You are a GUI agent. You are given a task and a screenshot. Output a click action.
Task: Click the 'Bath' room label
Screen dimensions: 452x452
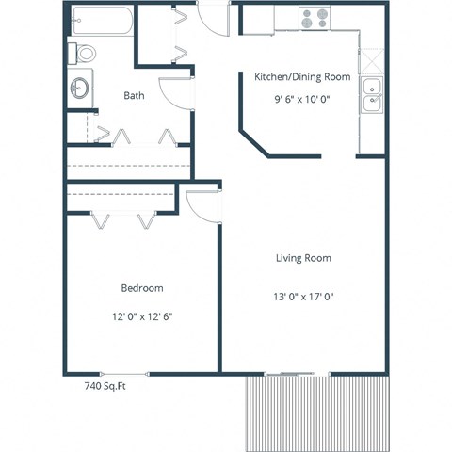[133, 95]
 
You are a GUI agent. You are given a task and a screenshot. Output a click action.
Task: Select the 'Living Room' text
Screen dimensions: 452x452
[303, 258]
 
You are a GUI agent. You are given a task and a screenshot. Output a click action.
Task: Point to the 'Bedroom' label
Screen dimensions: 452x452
[142, 288]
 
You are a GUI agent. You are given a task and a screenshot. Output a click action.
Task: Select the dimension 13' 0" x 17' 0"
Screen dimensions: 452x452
[303, 297]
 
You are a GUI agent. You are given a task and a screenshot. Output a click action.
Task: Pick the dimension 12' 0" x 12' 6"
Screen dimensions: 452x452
[142, 316]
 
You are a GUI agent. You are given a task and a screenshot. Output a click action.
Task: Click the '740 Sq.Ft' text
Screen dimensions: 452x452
[105, 386]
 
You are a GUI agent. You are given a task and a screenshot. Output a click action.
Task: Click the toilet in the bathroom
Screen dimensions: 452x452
[83, 54]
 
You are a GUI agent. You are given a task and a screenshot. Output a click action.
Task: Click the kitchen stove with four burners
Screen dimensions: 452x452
[314, 17]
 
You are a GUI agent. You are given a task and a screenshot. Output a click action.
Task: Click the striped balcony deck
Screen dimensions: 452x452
[318, 413]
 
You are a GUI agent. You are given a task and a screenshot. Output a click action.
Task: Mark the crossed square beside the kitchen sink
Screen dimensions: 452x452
[373, 61]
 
